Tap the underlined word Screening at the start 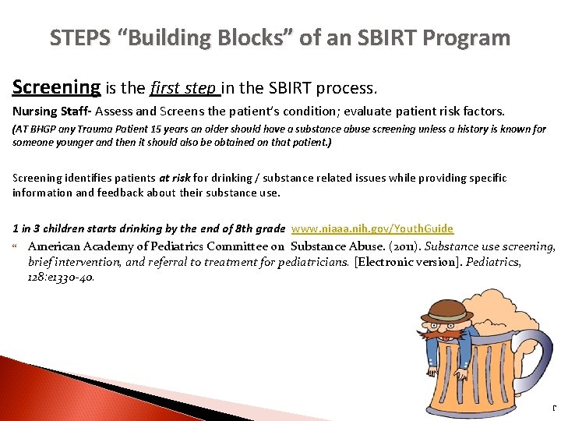point(56,87)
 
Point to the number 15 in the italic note point(157,129)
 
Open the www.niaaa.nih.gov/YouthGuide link point(372,228)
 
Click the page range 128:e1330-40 point(62,276)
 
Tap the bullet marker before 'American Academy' point(17,247)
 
